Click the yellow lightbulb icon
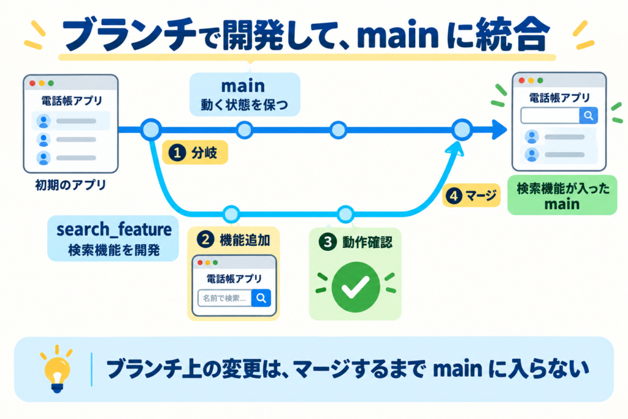(x=57, y=371)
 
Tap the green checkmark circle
(x=356, y=287)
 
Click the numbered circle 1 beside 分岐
(x=177, y=153)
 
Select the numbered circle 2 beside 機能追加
(x=205, y=239)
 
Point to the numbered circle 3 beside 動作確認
(x=327, y=242)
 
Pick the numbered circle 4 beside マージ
(x=454, y=196)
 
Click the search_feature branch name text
(x=114, y=229)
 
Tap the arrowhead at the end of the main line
(x=499, y=130)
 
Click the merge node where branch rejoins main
(x=462, y=130)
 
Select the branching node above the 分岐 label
(x=151, y=130)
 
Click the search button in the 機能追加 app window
(x=261, y=298)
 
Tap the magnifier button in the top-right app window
(x=588, y=115)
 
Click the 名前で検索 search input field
(x=225, y=298)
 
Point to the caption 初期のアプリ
(x=71, y=185)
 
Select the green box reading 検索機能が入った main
(x=562, y=196)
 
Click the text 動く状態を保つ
(x=244, y=105)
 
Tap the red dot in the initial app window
(x=33, y=83)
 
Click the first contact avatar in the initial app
(x=44, y=121)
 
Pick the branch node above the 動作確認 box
(x=345, y=214)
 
